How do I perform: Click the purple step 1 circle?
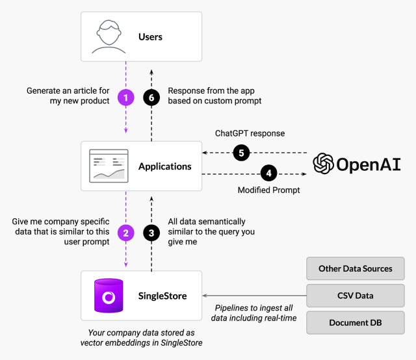pos(125,97)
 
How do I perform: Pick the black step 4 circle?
pos(268,174)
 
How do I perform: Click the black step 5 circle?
pos(241,153)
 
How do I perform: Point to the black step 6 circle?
pos(151,97)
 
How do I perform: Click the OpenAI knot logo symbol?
pos(323,164)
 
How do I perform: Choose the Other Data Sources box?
pos(355,268)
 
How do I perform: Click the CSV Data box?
pos(355,296)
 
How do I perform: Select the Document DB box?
pos(355,322)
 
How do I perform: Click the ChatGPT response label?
pos(250,134)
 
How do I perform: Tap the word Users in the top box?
pos(151,37)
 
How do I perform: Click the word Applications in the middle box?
pos(165,166)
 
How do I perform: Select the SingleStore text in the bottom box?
pos(162,296)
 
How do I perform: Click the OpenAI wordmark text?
pos(369,164)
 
